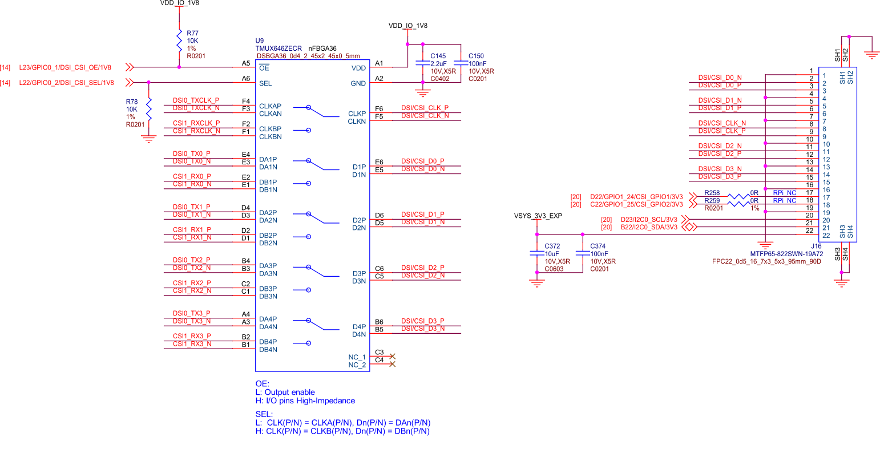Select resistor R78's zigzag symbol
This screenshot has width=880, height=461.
pos(149,108)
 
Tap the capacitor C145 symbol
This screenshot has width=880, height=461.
pos(422,63)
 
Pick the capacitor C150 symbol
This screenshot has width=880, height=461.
pos(461,63)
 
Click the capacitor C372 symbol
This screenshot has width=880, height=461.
pos(536,253)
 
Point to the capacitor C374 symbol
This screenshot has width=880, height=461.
pos(582,253)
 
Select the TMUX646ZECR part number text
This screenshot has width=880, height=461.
pos(278,48)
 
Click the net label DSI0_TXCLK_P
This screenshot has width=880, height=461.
pos(196,100)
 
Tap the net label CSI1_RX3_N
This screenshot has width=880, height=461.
pos(192,344)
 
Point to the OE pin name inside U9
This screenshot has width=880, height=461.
pos(264,68)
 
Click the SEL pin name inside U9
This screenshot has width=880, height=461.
pos(265,83)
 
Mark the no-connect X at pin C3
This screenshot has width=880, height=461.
pos(392,356)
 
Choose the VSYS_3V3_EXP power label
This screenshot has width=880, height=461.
pos(537,216)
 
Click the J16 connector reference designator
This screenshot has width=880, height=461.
pos(817,246)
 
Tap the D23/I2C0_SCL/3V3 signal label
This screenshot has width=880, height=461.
pos(649,220)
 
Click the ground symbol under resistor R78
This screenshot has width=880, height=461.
pos(149,138)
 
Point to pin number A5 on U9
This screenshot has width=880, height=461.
pos(245,64)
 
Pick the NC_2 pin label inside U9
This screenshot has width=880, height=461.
pos(357,365)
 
